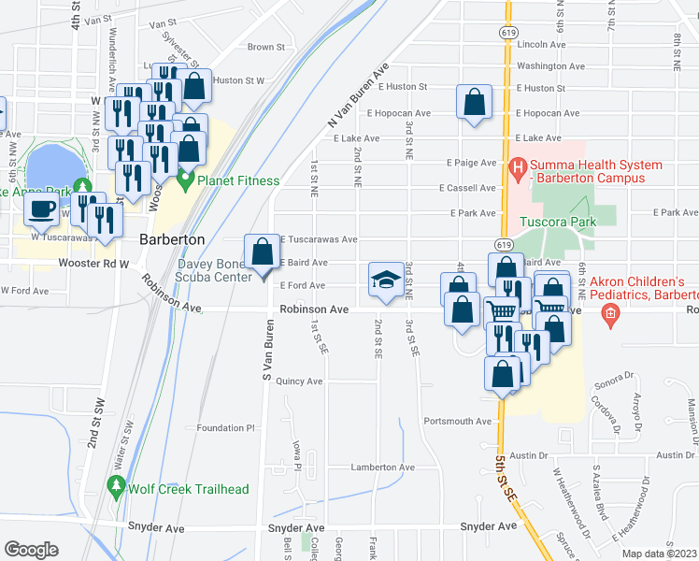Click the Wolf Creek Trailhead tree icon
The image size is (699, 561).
click(x=116, y=486)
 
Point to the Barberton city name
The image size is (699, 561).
click(x=171, y=239)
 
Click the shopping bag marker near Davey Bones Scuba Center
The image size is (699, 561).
click(x=263, y=252)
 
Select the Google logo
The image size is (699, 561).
click(x=31, y=550)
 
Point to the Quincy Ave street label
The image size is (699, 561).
click(x=299, y=381)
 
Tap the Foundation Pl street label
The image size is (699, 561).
click(x=225, y=428)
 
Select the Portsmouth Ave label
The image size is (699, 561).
click(x=457, y=421)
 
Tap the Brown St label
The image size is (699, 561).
click(x=266, y=47)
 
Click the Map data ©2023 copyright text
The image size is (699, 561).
click(x=660, y=554)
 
